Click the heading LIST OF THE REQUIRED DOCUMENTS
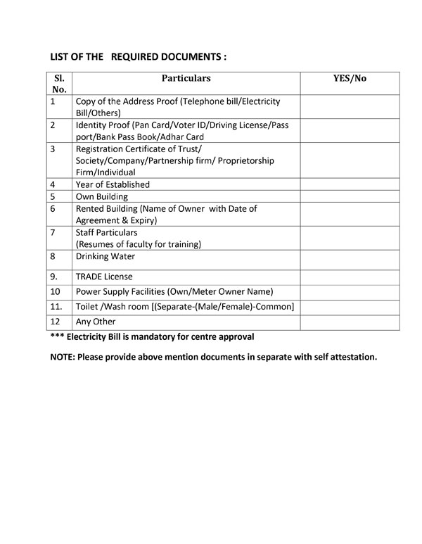[x=138, y=56]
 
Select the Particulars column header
[x=186, y=78]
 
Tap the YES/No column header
[x=350, y=78]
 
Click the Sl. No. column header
[x=59, y=84]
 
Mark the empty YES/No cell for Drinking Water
[x=350, y=259]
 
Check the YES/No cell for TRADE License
[x=350, y=277]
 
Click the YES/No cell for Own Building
[x=350, y=196]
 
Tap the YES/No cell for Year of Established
[x=350, y=184]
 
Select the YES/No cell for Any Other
[x=350, y=322]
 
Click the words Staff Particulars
[x=106, y=232]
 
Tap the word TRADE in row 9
[x=89, y=277]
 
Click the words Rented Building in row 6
[x=108, y=208]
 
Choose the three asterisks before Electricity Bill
[x=56, y=336]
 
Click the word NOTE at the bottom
[x=62, y=357]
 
